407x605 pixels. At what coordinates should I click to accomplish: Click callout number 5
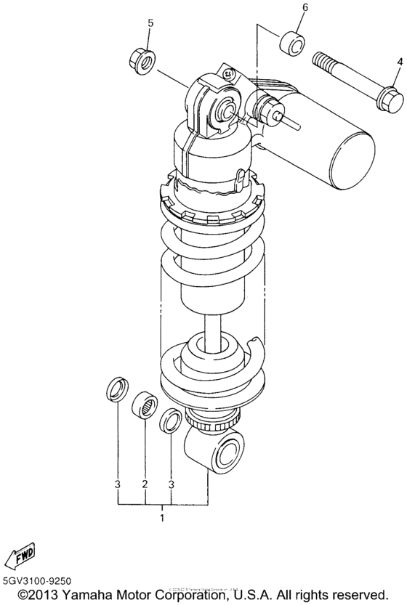[x=151, y=23]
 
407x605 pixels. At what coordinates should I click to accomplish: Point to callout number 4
[x=398, y=63]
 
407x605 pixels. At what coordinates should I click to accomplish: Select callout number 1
[x=162, y=517]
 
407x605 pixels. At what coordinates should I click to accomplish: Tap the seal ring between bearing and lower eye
[x=171, y=420]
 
